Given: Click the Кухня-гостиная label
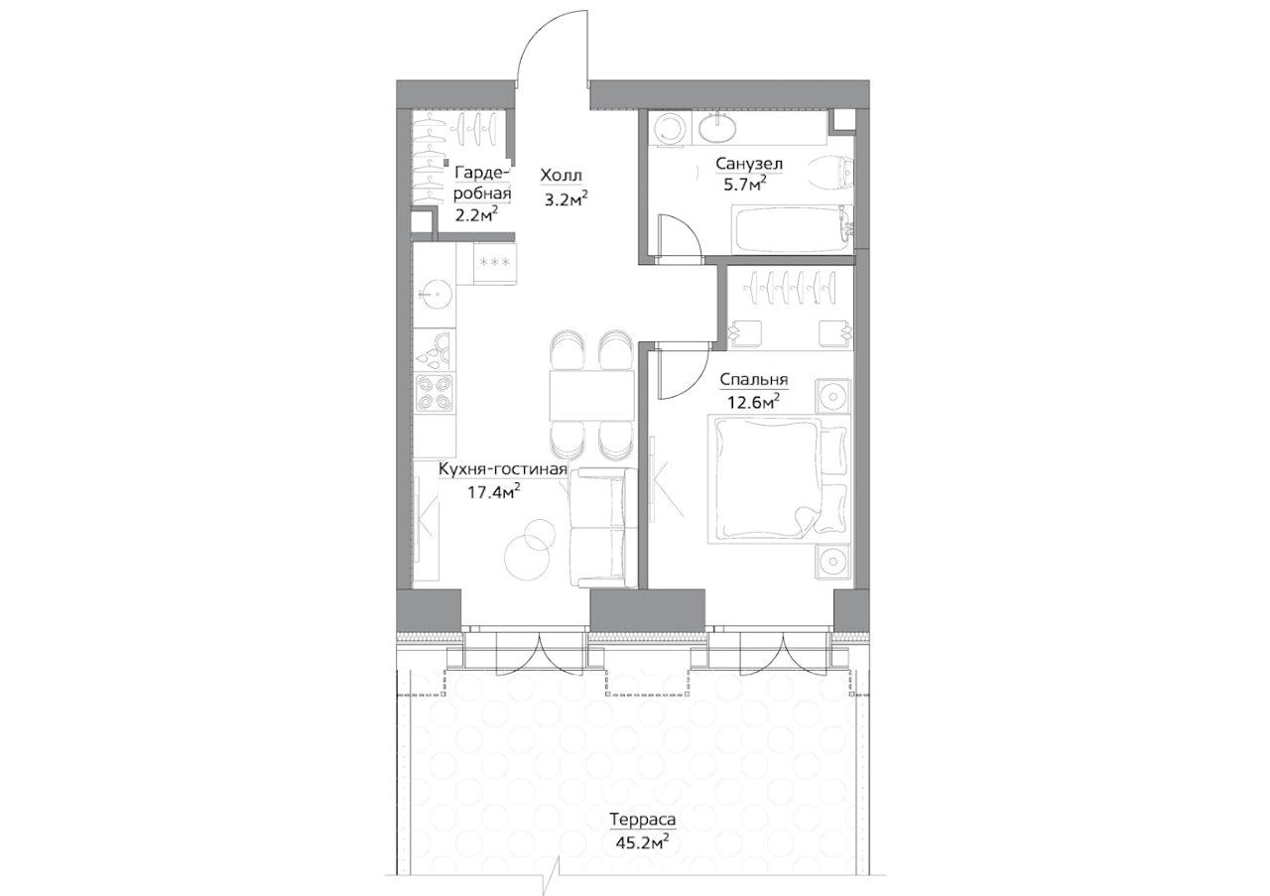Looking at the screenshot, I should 503,469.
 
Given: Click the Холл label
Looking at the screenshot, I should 563,176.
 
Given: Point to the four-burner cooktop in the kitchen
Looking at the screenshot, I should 435,394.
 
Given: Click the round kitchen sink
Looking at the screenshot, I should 436,291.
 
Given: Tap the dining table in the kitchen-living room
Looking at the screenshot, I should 591,396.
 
